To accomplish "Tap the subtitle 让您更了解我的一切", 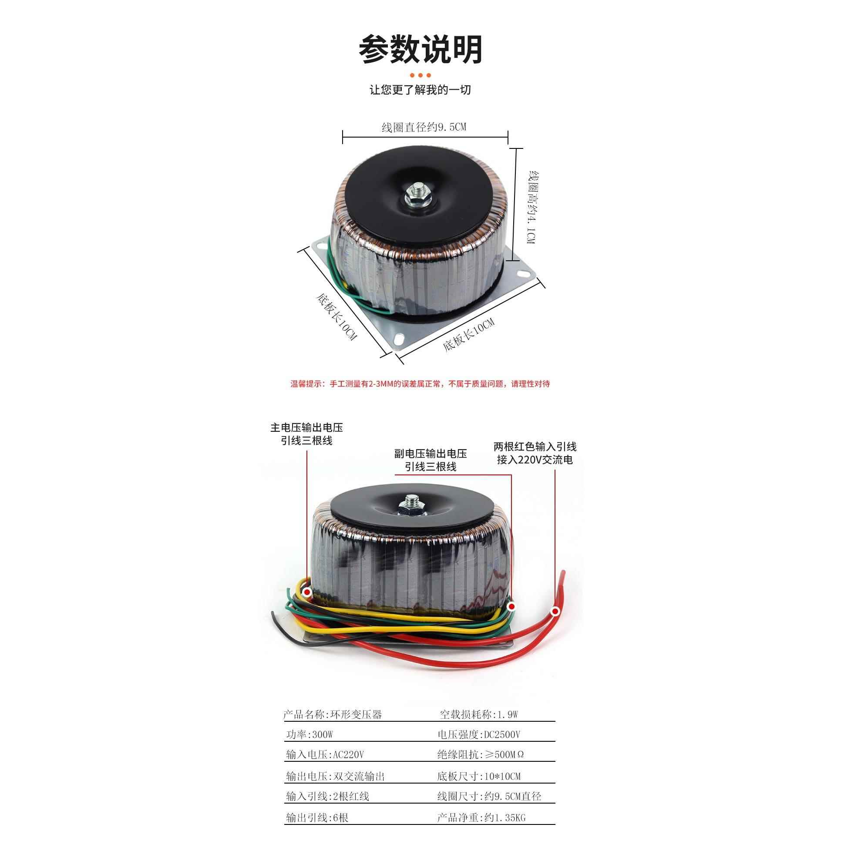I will [420, 90].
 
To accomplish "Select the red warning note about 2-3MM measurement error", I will [420, 384].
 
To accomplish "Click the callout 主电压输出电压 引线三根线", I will [306, 434].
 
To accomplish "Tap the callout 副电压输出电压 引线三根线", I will [431, 460].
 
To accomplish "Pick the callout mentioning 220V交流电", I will [535, 453].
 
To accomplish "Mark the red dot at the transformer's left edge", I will [307, 592].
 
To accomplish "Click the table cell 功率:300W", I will [309, 735].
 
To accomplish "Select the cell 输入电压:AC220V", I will [324, 754].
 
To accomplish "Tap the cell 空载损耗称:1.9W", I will [479, 714].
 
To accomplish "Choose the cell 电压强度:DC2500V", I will [479, 735].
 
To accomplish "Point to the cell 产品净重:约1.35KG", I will [481, 818].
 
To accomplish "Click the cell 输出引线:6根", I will [317, 818].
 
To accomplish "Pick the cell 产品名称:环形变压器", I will [333, 714].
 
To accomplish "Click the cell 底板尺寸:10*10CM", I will [479, 776].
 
